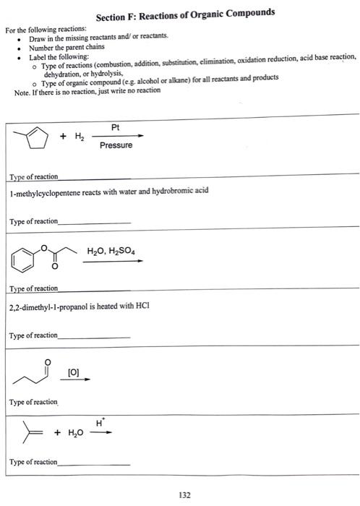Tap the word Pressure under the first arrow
[x=116, y=145]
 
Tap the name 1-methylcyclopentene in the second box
[x=44, y=192]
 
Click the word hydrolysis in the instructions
[x=120, y=74]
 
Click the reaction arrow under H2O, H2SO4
[x=112, y=262]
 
